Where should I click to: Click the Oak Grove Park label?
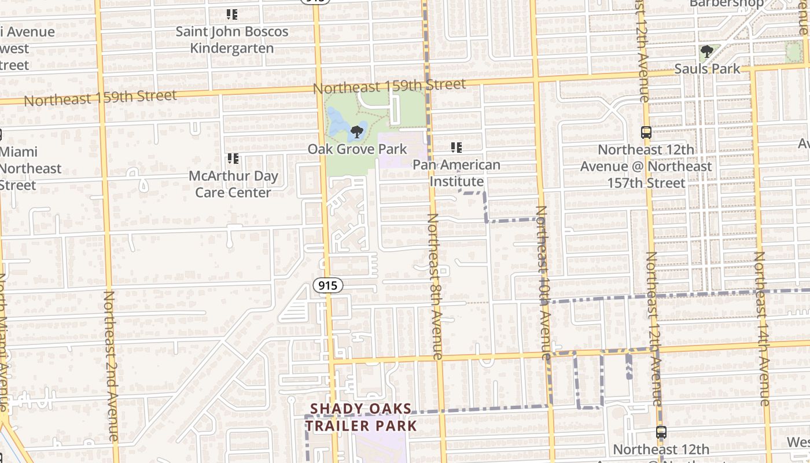(x=357, y=149)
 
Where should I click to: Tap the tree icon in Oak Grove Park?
(x=357, y=131)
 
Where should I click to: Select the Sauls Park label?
(x=707, y=69)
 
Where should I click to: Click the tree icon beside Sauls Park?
(x=706, y=52)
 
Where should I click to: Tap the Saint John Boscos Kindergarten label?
(x=232, y=39)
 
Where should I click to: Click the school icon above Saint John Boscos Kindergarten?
(x=232, y=14)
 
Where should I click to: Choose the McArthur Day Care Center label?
(x=233, y=184)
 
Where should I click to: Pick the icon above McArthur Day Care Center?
(x=233, y=159)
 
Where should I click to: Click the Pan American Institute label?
(x=456, y=173)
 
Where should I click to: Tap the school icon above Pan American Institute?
(x=456, y=148)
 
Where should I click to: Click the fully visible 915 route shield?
(x=328, y=285)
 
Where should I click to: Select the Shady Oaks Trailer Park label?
(x=361, y=417)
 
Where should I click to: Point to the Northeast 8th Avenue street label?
(x=435, y=286)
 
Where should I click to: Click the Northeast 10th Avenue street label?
(x=543, y=284)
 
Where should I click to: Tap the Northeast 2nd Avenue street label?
(x=111, y=366)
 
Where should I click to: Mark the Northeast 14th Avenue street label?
(x=763, y=328)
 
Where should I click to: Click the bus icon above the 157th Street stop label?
(x=646, y=133)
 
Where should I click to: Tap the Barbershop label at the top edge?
(x=726, y=3)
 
